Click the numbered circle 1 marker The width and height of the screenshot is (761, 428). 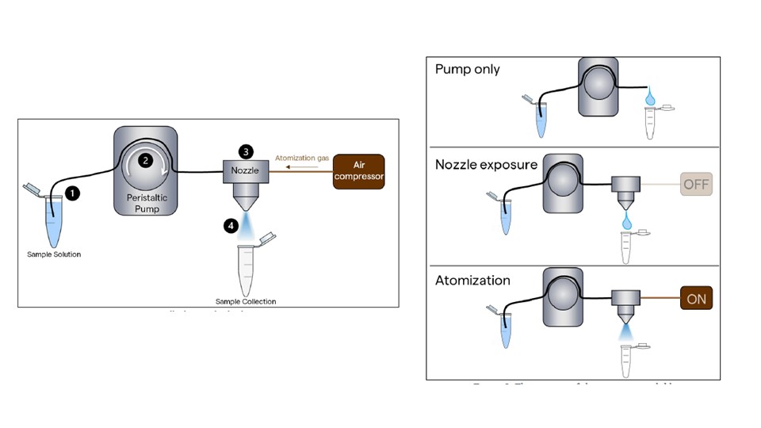(x=73, y=192)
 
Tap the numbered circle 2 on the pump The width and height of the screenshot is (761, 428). (x=144, y=159)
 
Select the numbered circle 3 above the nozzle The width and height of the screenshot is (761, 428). (x=247, y=151)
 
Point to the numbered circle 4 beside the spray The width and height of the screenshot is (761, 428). (x=231, y=226)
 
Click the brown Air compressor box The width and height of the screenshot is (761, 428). (x=358, y=171)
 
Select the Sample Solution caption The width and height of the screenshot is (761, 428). (x=54, y=254)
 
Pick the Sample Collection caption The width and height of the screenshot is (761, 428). (x=246, y=301)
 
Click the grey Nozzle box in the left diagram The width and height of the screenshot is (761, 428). (x=247, y=171)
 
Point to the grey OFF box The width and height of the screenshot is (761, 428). (x=696, y=185)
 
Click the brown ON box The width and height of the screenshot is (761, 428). (x=697, y=300)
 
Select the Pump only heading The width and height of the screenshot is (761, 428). (x=468, y=69)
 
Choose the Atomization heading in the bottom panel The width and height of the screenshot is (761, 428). (x=473, y=281)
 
